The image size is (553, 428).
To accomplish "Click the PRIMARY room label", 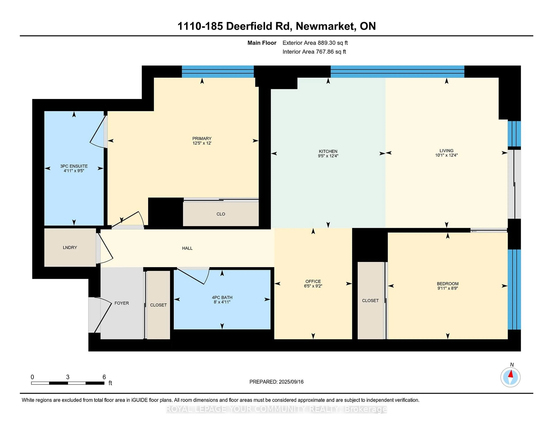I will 202,138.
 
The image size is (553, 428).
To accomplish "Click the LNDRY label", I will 70,247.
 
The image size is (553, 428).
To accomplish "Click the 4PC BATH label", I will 222,297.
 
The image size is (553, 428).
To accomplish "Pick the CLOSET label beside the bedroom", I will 370,301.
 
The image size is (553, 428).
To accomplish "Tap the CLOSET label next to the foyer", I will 158,305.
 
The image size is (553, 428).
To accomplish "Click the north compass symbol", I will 511,377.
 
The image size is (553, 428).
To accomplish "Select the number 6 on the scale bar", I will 104,377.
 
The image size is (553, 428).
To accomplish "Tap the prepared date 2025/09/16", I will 291,382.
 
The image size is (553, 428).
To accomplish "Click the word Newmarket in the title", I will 325,26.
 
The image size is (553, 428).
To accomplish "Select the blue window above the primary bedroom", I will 218,72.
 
